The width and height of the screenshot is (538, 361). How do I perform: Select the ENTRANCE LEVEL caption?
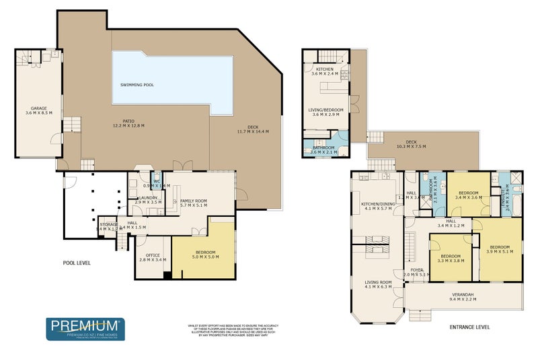click(469, 327)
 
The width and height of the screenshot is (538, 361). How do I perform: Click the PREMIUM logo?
click(85, 329)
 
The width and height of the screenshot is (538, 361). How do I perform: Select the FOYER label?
click(416, 269)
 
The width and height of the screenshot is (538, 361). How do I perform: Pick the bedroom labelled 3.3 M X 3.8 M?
click(450, 261)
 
